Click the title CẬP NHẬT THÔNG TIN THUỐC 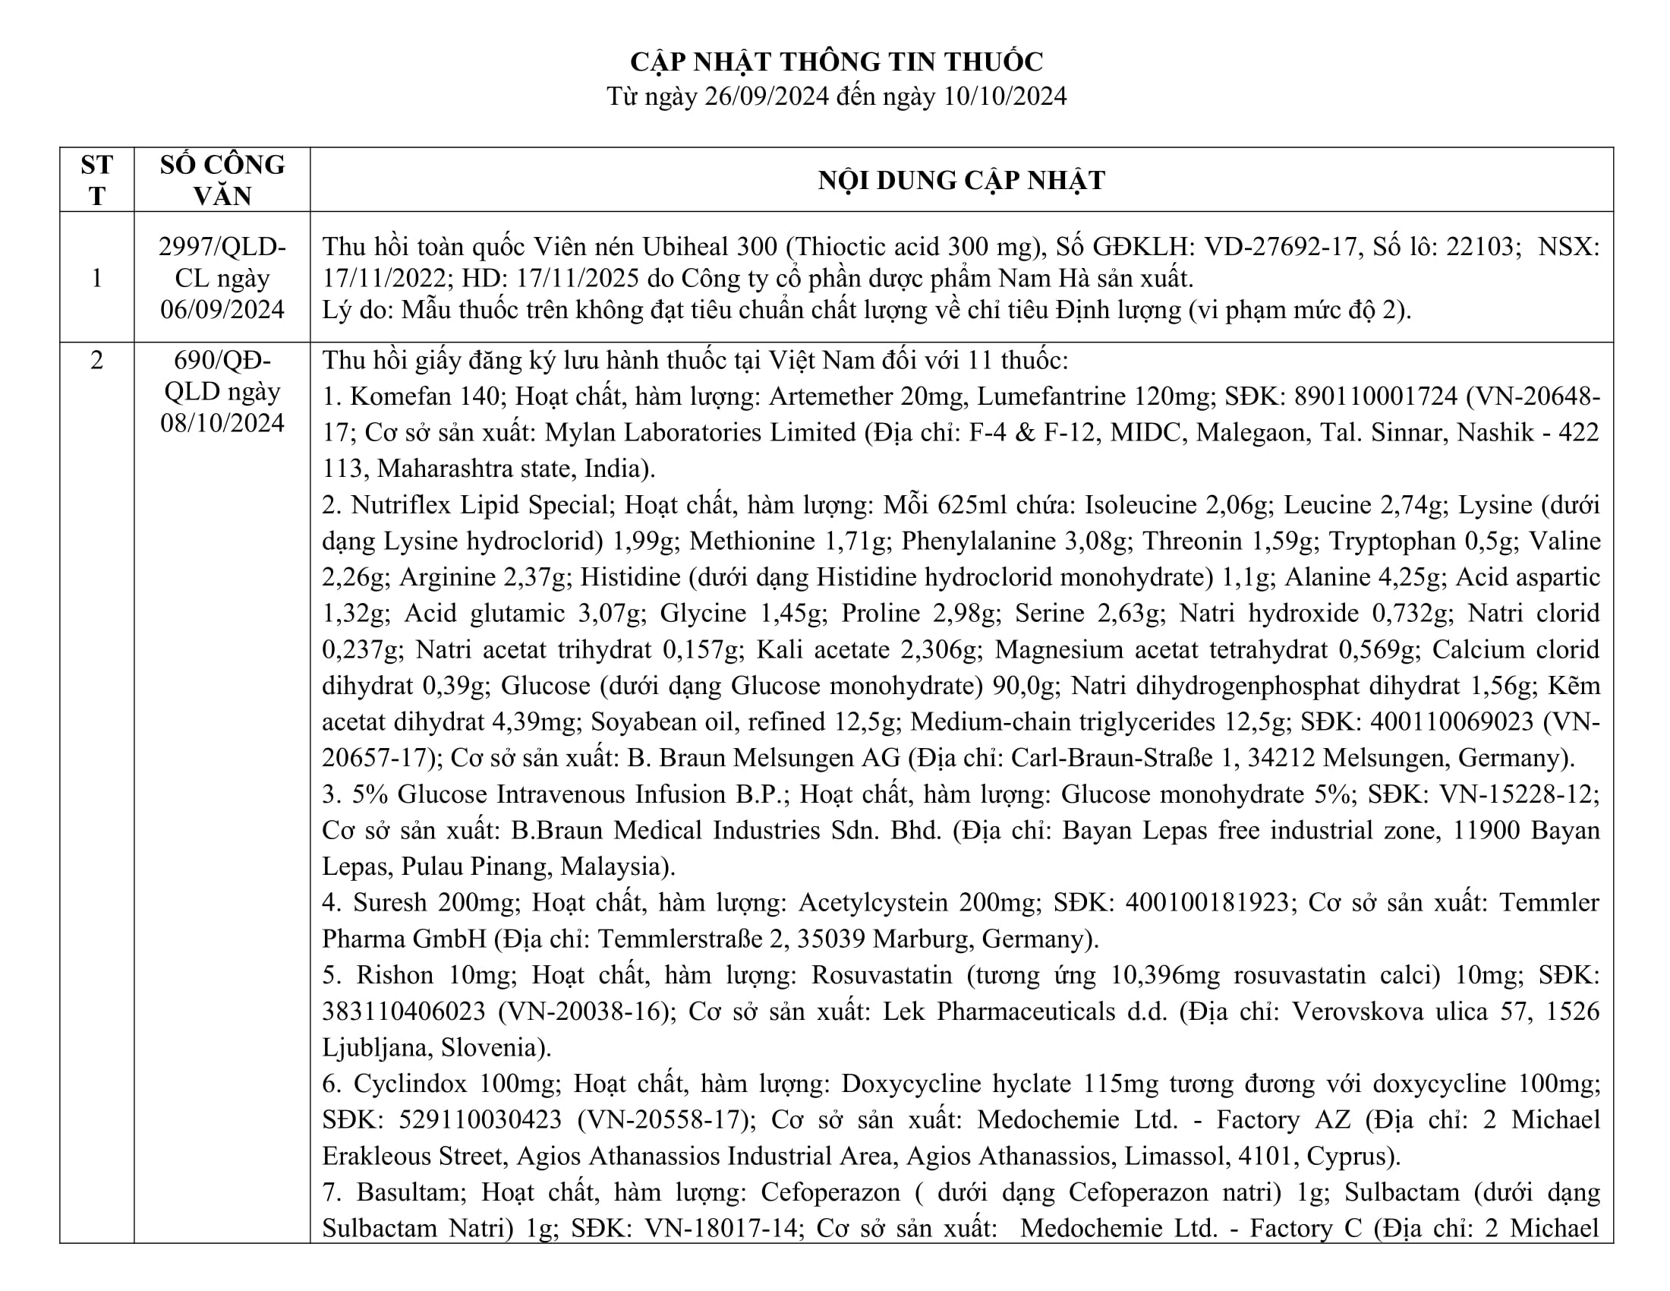(x=837, y=62)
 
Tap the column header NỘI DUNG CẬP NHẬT (x=961, y=181)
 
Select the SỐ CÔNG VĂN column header (x=222, y=180)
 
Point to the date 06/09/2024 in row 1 (x=222, y=309)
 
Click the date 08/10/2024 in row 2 (x=222, y=423)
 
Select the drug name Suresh (x=389, y=902)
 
